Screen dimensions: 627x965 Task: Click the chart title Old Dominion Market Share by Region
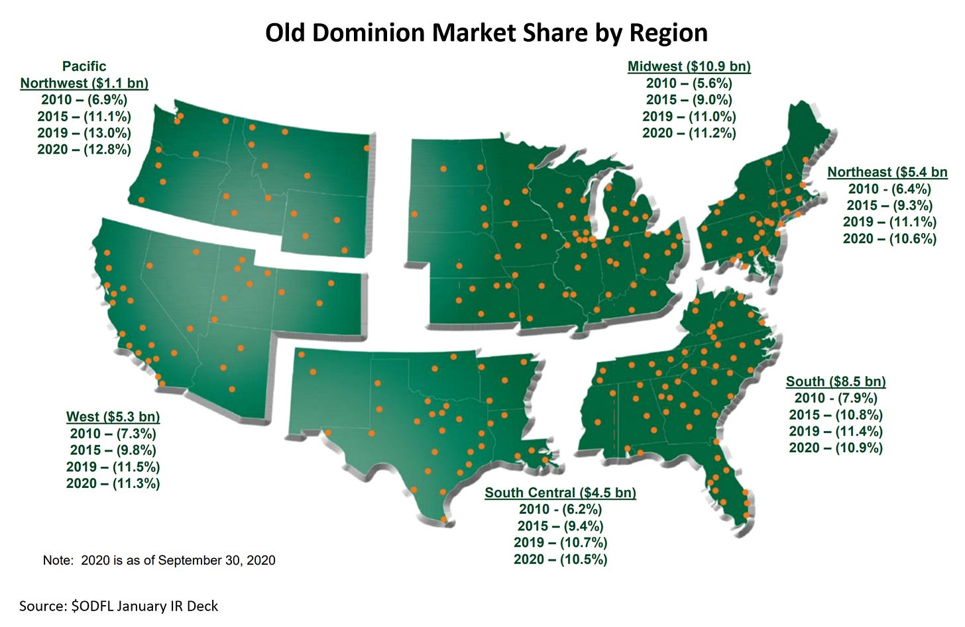point(486,32)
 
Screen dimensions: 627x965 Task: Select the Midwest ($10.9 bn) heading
point(689,66)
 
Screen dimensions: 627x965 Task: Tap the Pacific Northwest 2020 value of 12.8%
point(84,150)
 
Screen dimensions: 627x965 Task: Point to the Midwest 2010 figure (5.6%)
point(689,83)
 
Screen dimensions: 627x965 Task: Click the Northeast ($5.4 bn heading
point(887,172)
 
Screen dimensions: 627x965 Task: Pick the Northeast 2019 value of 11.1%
point(889,222)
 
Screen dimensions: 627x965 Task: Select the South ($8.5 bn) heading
point(835,381)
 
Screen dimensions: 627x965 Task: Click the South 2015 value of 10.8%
point(835,415)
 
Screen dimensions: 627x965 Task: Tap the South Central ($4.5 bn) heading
point(560,493)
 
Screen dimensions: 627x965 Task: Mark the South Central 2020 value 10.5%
point(560,559)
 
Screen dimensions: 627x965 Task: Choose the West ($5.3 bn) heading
point(113,417)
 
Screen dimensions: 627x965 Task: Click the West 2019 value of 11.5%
point(113,467)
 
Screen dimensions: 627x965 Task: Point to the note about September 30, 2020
point(159,560)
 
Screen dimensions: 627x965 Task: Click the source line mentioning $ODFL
point(119,606)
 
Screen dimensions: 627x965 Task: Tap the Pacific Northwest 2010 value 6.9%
point(84,100)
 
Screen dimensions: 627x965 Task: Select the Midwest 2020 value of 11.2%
point(689,133)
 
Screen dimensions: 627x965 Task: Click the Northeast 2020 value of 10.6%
point(889,238)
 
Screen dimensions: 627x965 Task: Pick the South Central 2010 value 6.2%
point(560,509)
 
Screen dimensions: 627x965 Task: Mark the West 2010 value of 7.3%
point(113,434)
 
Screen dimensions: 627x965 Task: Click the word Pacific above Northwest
point(84,66)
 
